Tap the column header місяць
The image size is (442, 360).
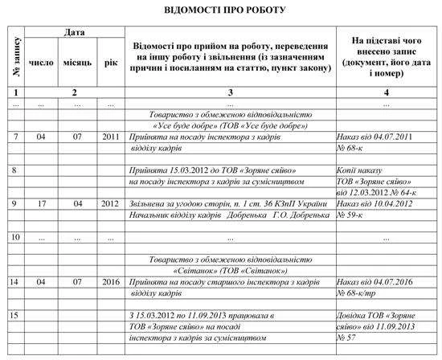click(77, 61)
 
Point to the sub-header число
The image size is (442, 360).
click(41, 61)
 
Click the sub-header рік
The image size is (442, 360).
click(111, 61)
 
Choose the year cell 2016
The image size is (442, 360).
click(111, 283)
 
